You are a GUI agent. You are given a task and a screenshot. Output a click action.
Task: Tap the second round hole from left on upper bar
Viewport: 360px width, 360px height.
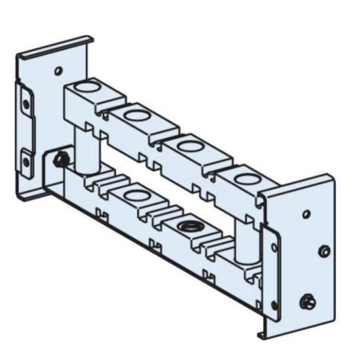point(136,115)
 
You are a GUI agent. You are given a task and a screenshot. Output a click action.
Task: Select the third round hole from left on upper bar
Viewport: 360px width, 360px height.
point(190,144)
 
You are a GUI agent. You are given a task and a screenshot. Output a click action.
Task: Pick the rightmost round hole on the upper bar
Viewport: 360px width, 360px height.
point(246,178)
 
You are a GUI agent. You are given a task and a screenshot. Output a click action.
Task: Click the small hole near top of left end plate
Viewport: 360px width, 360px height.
point(59,69)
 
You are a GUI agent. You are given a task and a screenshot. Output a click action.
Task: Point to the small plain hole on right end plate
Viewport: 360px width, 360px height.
point(305,214)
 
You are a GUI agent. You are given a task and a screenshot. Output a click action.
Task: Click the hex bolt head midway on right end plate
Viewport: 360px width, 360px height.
point(324,252)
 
